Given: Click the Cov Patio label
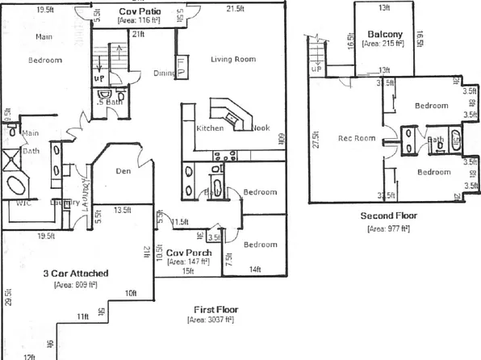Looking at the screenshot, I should click(x=138, y=12).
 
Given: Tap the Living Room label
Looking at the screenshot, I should click(x=233, y=60).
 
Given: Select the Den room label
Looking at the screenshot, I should click(x=123, y=170).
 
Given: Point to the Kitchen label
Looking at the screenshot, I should click(x=210, y=128).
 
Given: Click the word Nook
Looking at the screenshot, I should click(x=260, y=128).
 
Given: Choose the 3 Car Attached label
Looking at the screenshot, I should click(x=75, y=274).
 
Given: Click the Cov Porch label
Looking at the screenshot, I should click(x=189, y=253).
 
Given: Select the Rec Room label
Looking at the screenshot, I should click(x=356, y=138).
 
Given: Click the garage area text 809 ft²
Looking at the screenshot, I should click(x=75, y=284).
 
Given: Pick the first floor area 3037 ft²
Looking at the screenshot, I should click(x=210, y=320).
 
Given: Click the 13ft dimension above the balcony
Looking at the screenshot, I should click(x=384, y=8).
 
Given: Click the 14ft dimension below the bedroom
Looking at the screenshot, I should click(x=256, y=269).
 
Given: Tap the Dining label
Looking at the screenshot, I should click(x=165, y=73).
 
